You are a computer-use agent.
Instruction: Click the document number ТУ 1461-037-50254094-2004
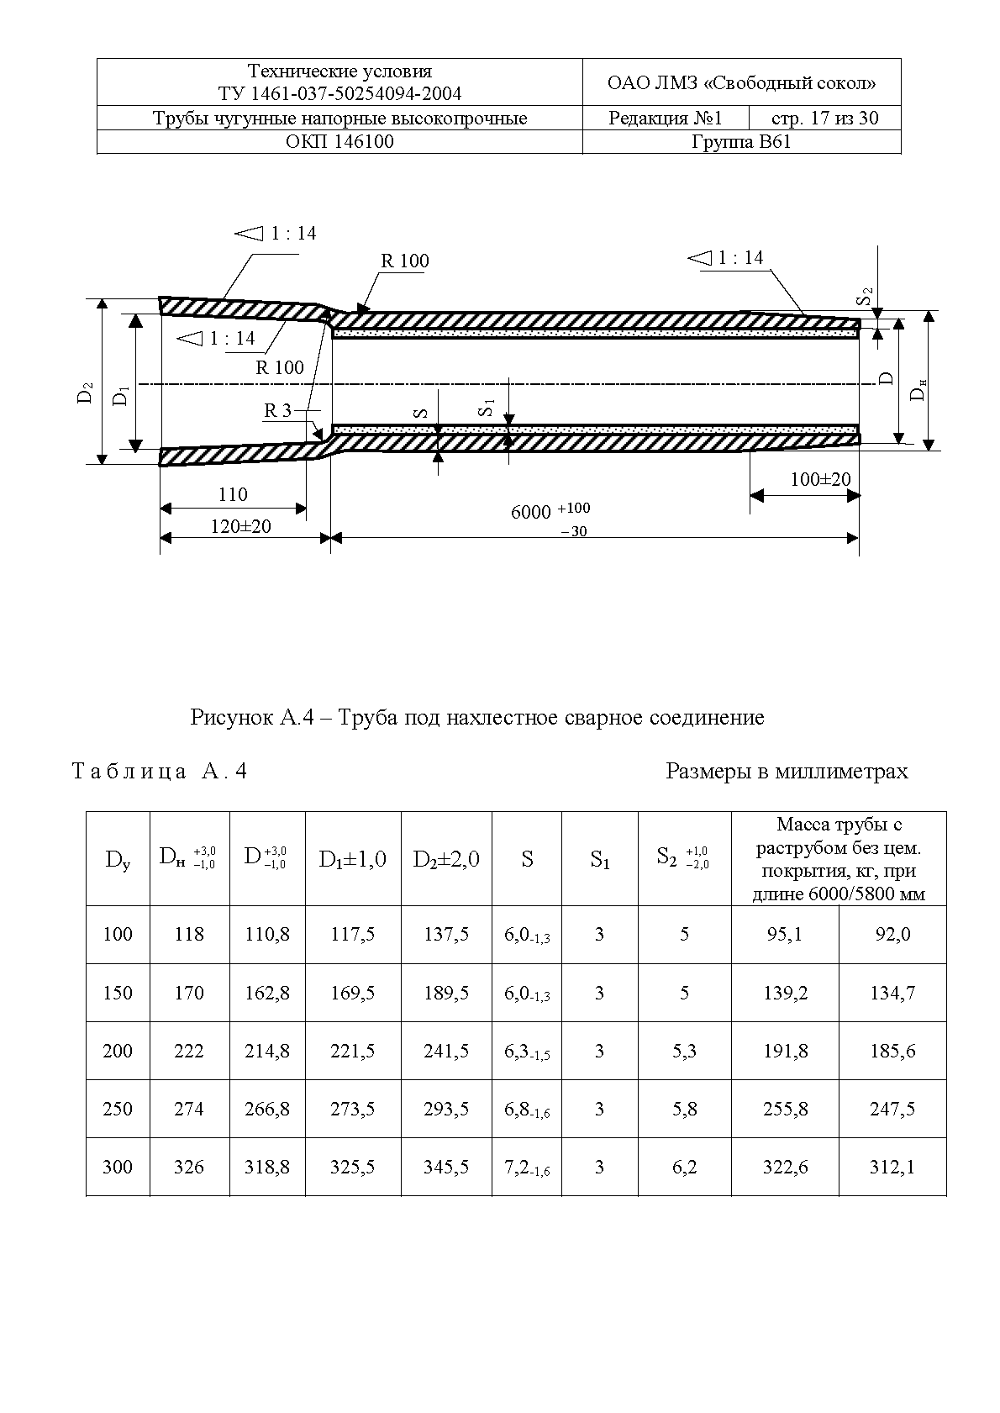click(339, 93)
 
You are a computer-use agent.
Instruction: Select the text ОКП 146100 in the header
click(339, 141)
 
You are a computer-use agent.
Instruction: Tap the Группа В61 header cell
click(740, 141)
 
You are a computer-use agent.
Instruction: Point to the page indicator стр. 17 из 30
click(824, 118)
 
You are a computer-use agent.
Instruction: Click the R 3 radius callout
click(278, 410)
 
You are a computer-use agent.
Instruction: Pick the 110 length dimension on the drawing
click(233, 494)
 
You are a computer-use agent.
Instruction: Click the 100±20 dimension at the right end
click(820, 479)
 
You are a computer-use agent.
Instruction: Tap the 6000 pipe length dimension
click(531, 512)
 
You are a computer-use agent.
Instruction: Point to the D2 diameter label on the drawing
click(85, 393)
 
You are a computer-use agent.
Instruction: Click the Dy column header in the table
click(118, 859)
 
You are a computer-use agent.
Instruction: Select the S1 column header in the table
click(599, 859)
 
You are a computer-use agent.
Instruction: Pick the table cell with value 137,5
click(446, 934)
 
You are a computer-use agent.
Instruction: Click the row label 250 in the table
click(118, 1109)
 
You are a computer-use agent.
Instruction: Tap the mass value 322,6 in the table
click(785, 1167)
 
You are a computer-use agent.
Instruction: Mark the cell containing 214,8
click(267, 1051)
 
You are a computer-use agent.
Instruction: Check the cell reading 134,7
click(892, 993)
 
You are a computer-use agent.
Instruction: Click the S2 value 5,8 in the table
click(685, 1109)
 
